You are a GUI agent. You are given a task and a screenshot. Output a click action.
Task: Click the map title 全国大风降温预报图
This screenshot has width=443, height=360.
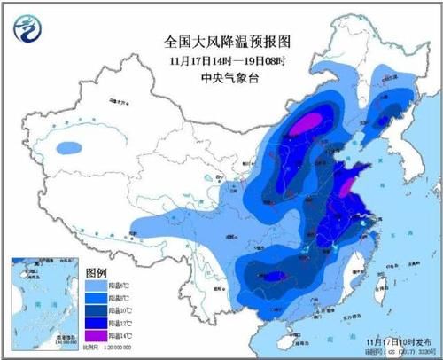[228, 41]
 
